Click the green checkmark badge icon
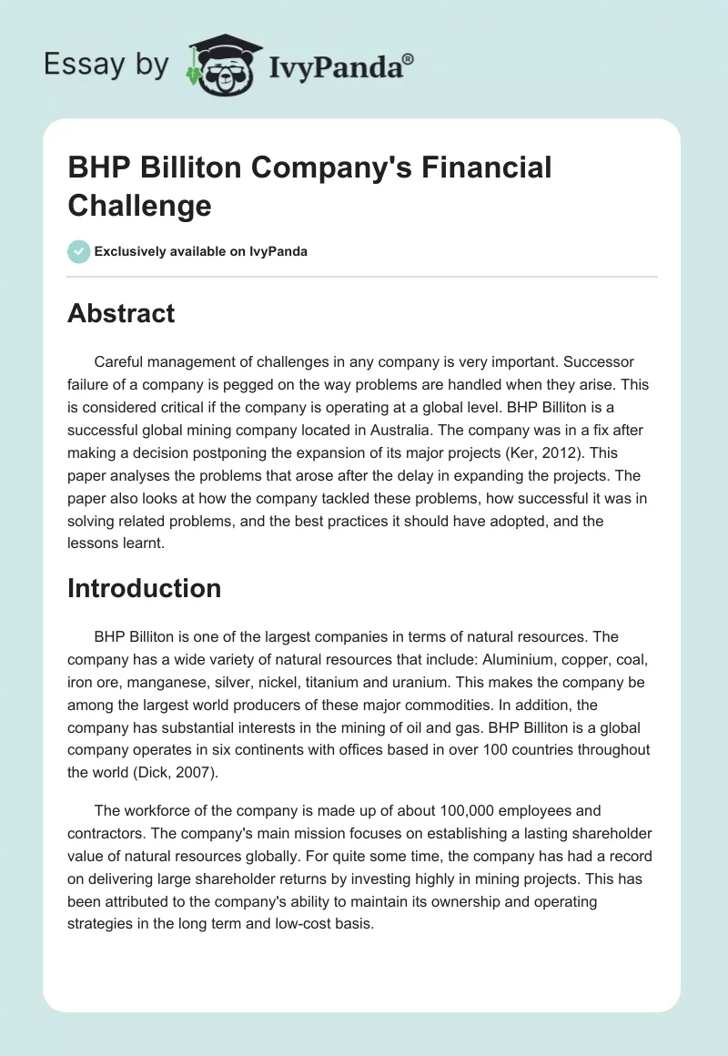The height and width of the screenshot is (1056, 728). [78, 251]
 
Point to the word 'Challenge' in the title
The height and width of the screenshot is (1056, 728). [139, 205]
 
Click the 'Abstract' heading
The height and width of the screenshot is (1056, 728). [121, 313]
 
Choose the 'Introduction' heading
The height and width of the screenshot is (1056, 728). [144, 588]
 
